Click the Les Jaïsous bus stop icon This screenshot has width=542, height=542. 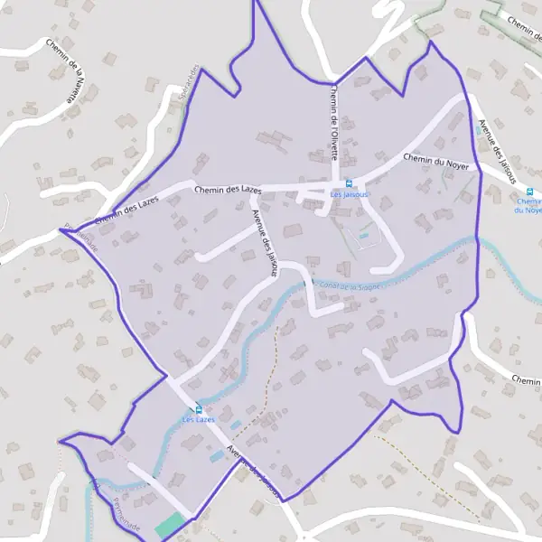coord(349,183)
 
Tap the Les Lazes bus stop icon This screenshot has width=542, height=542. coord(199,409)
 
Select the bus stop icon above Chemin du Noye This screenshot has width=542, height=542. coord(529,191)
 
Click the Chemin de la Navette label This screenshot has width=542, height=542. coord(64,72)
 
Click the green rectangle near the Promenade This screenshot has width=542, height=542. coord(168,525)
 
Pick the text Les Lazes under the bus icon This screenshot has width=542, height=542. coord(199,420)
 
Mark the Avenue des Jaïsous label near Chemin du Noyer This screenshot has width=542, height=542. coord(496,150)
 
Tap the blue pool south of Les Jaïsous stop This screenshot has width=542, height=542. coord(364,237)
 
